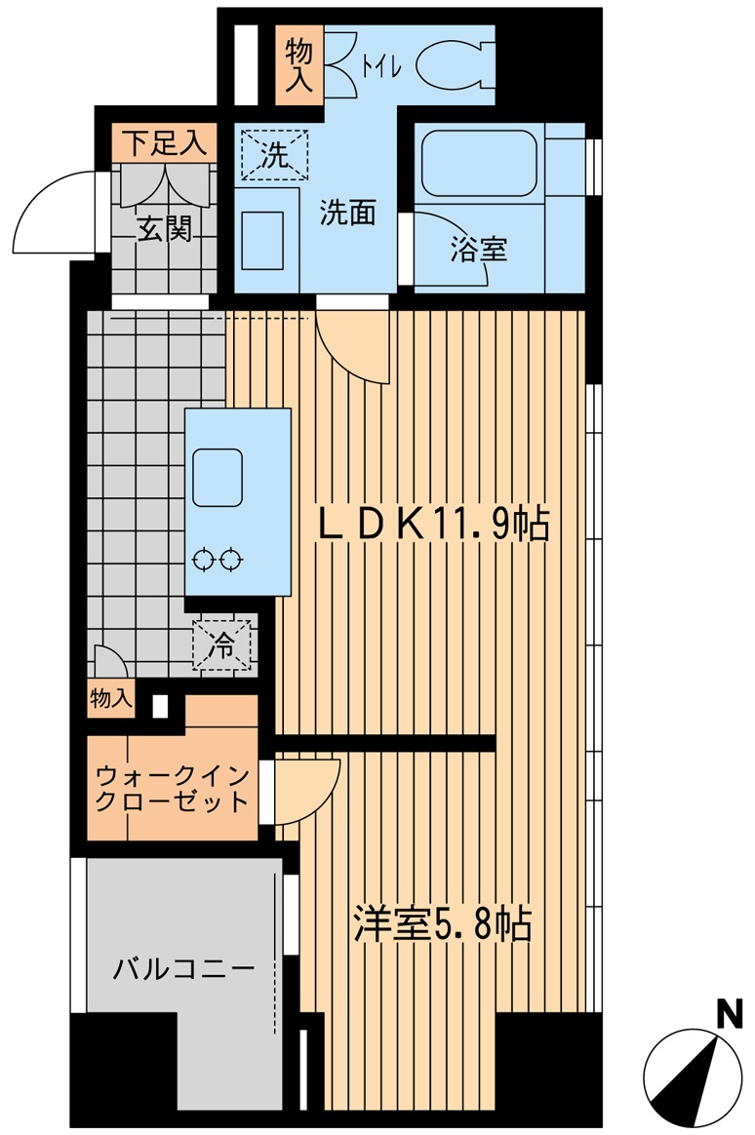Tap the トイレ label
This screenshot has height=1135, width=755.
click(x=378, y=67)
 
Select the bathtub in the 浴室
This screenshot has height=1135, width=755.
click(x=479, y=162)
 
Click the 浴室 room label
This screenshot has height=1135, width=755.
click(x=478, y=249)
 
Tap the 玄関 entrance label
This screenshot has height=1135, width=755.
click(x=162, y=229)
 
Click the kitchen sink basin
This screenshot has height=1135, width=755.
click(x=218, y=478)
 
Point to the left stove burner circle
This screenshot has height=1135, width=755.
click(x=205, y=560)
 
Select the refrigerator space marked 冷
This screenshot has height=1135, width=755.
click(x=223, y=645)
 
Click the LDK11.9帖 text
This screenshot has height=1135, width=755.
click(x=435, y=527)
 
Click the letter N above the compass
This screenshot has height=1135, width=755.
click(x=728, y=1015)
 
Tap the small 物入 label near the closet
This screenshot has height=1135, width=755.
click(x=110, y=698)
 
